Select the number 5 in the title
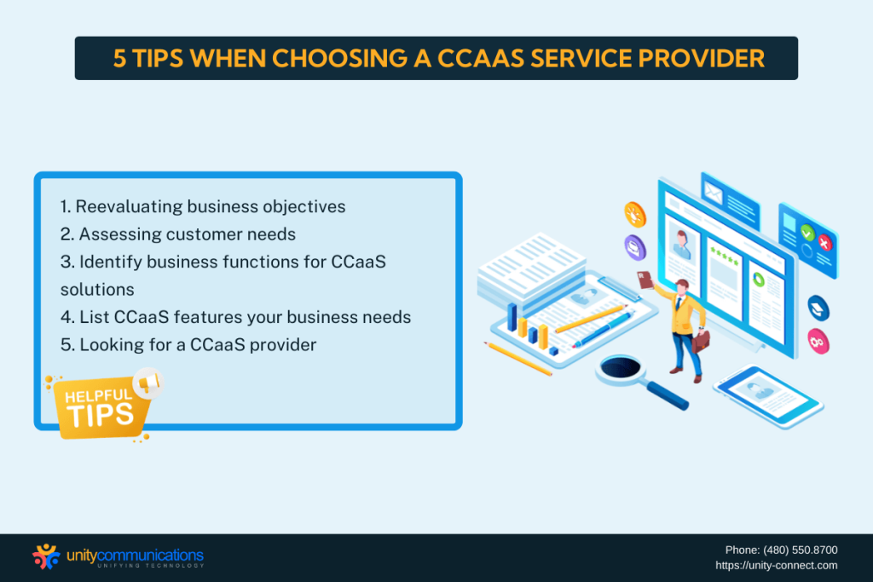pos(121,59)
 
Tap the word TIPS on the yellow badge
pos(101,414)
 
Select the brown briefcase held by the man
pos(700,341)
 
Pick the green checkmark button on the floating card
pos(807,232)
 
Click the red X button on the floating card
pos(824,243)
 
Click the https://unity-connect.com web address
pos(776,565)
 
